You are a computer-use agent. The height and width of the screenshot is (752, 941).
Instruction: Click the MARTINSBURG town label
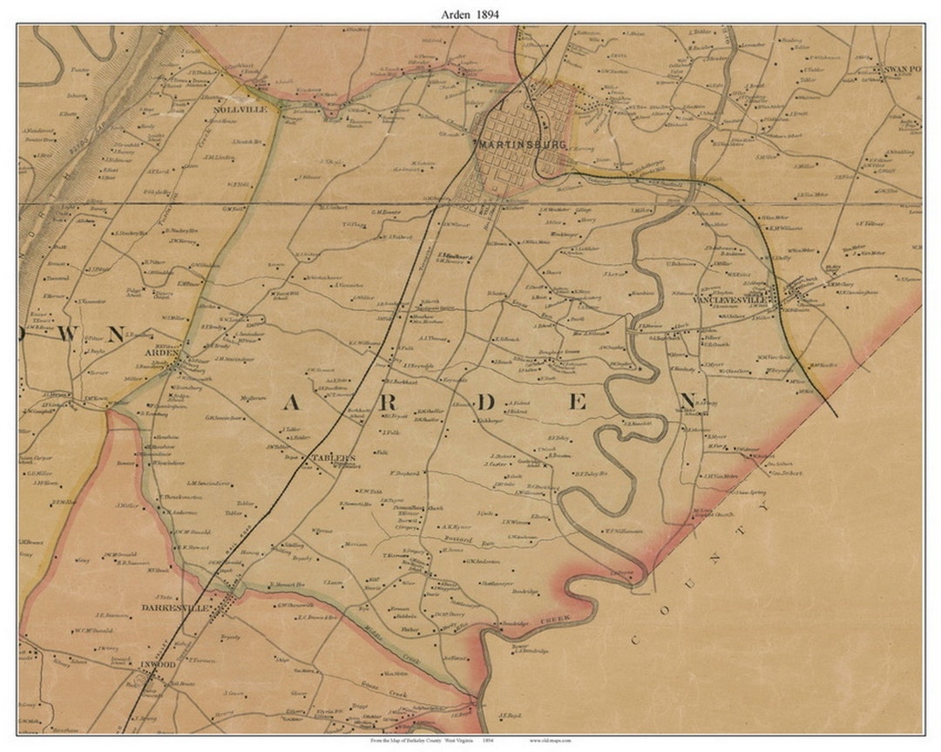click(x=520, y=145)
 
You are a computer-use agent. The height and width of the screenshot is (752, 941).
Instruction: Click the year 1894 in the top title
click(x=487, y=14)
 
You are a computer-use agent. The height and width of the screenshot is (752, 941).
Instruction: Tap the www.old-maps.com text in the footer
click(x=553, y=740)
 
